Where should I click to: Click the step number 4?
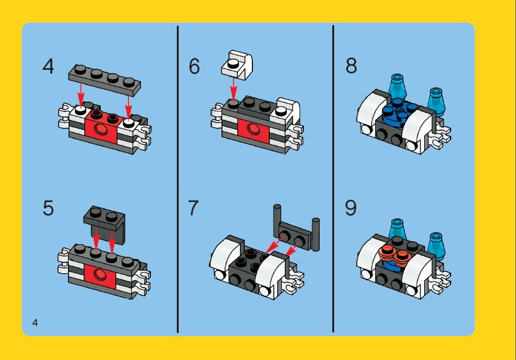(x=48, y=67)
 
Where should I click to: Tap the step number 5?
(x=48, y=208)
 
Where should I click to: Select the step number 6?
(x=194, y=66)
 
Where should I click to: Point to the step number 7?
(x=193, y=208)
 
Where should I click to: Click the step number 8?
(x=351, y=65)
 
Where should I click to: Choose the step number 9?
(x=351, y=208)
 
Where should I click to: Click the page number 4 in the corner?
(x=35, y=322)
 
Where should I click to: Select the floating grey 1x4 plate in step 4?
(x=104, y=80)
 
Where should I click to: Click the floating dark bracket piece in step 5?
(x=104, y=225)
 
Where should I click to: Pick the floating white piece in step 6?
(x=237, y=65)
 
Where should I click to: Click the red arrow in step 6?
(x=233, y=89)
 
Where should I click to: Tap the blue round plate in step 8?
(x=400, y=112)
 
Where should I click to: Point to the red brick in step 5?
(x=99, y=276)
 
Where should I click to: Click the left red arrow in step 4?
(x=81, y=94)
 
